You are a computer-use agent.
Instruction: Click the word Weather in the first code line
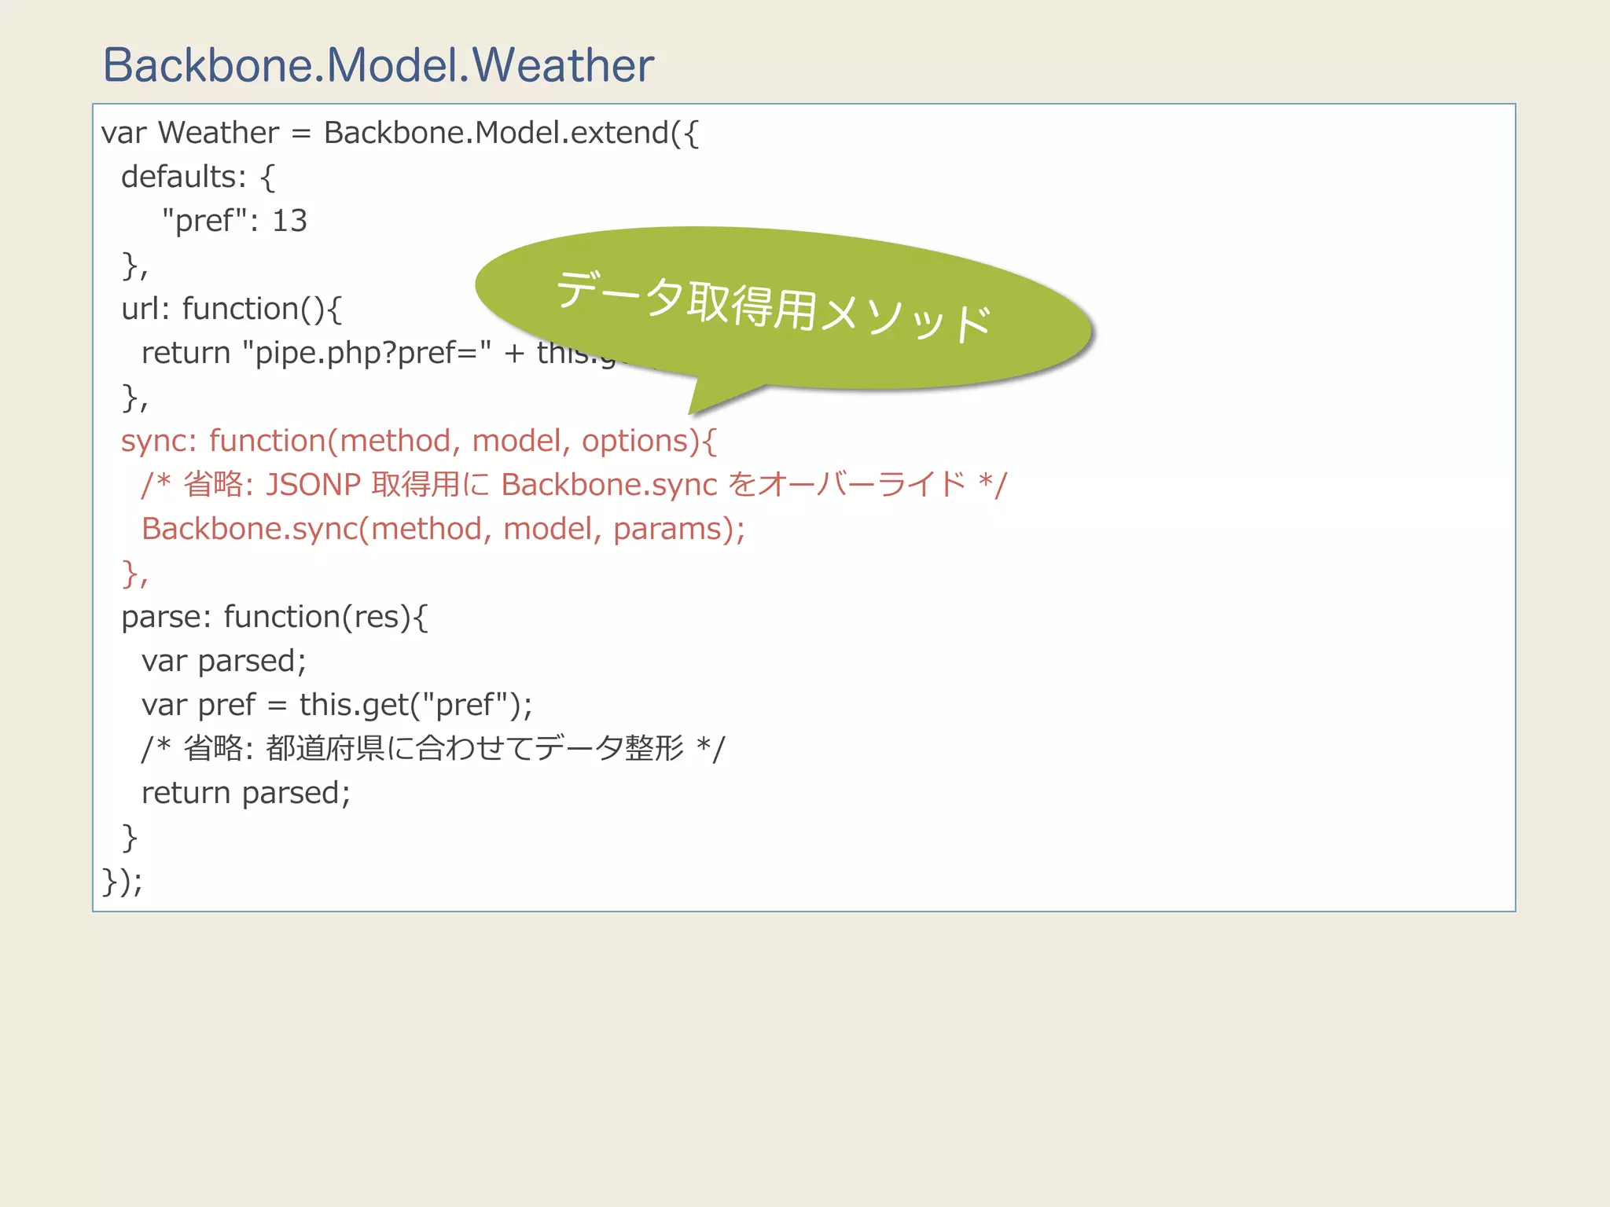(219, 133)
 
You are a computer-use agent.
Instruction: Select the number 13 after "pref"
(289, 221)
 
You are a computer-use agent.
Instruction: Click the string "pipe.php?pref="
(367, 353)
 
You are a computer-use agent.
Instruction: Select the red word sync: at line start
(158, 442)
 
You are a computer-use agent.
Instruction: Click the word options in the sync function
(634, 442)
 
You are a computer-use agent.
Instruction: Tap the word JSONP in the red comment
(313, 485)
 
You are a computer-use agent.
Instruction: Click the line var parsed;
(223, 661)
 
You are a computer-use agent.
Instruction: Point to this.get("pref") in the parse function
(410, 705)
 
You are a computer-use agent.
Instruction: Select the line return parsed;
(245, 793)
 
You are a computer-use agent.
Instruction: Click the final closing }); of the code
(122, 881)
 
